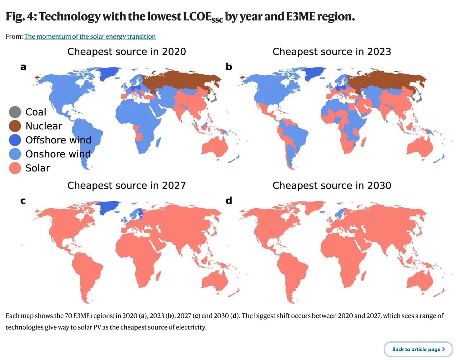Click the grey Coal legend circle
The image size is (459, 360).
click(15, 112)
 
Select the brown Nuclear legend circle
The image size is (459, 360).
click(15, 126)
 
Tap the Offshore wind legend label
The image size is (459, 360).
click(58, 140)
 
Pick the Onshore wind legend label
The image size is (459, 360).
click(58, 154)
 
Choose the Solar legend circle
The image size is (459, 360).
click(15, 168)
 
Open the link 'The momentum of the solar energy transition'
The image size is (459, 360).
click(90, 37)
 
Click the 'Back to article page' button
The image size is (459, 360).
click(418, 349)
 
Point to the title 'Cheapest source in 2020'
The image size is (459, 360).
click(127, 52)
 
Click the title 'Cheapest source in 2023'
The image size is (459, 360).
click(332, 52)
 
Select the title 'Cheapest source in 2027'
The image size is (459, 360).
click(127, 185)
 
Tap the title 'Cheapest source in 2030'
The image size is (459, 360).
click(332, 185)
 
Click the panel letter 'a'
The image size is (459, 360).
click(23, 67)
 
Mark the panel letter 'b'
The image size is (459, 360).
click(229, 67)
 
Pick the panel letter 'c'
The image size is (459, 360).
click(23, 201)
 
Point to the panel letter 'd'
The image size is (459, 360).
click(229, 201)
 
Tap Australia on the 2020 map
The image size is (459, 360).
click(215, 147)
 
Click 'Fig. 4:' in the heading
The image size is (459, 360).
click(21, 16)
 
